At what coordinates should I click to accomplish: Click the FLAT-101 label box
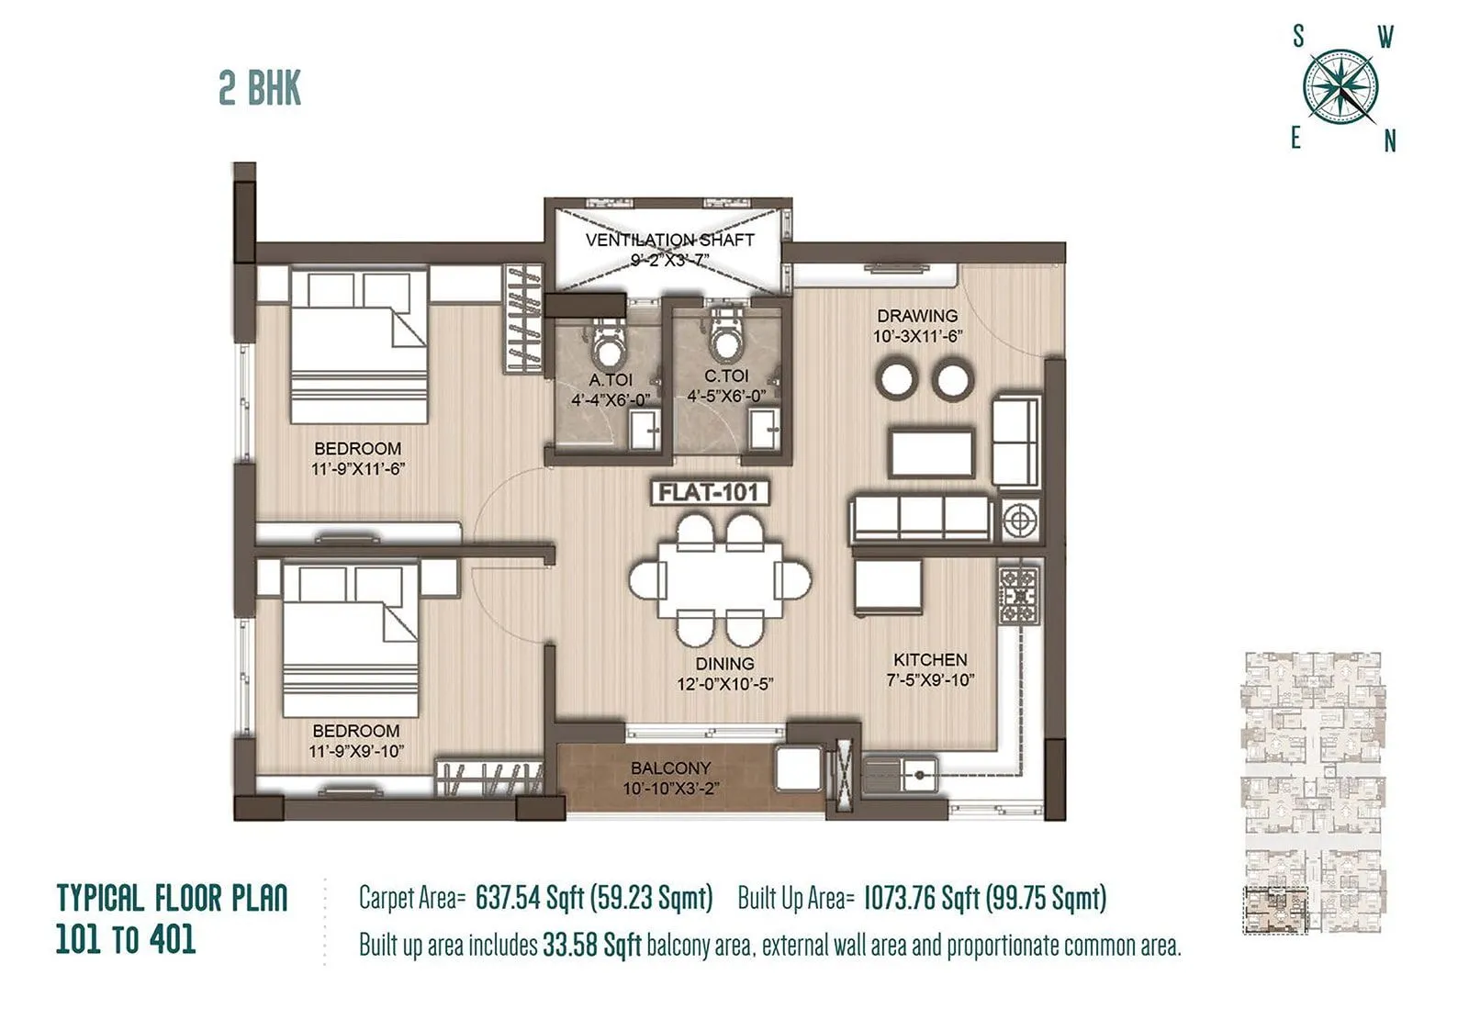click(x=709, y=493)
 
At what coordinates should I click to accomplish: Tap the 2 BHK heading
click(x=260, y=89)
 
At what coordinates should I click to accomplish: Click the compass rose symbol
click(x=1340, y=87)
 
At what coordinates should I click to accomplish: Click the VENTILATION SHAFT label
click(x=669, y=240)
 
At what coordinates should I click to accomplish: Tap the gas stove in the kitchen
click(x=1019, y=597)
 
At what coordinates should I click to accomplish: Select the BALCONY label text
click(x=670, y=768)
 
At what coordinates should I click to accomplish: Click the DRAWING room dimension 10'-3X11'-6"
click(x=916, y=337)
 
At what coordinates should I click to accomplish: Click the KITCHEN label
click(x=930, y=659)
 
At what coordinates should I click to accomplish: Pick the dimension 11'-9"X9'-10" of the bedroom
click(x=356, y=751)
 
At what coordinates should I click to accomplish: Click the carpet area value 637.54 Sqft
click(x=529, y=898)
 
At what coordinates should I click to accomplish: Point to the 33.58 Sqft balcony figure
click(x=591, y=946)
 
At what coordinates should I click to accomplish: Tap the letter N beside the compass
click(x=1389, y=141)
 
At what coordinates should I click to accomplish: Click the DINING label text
click(x=724, y=663)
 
